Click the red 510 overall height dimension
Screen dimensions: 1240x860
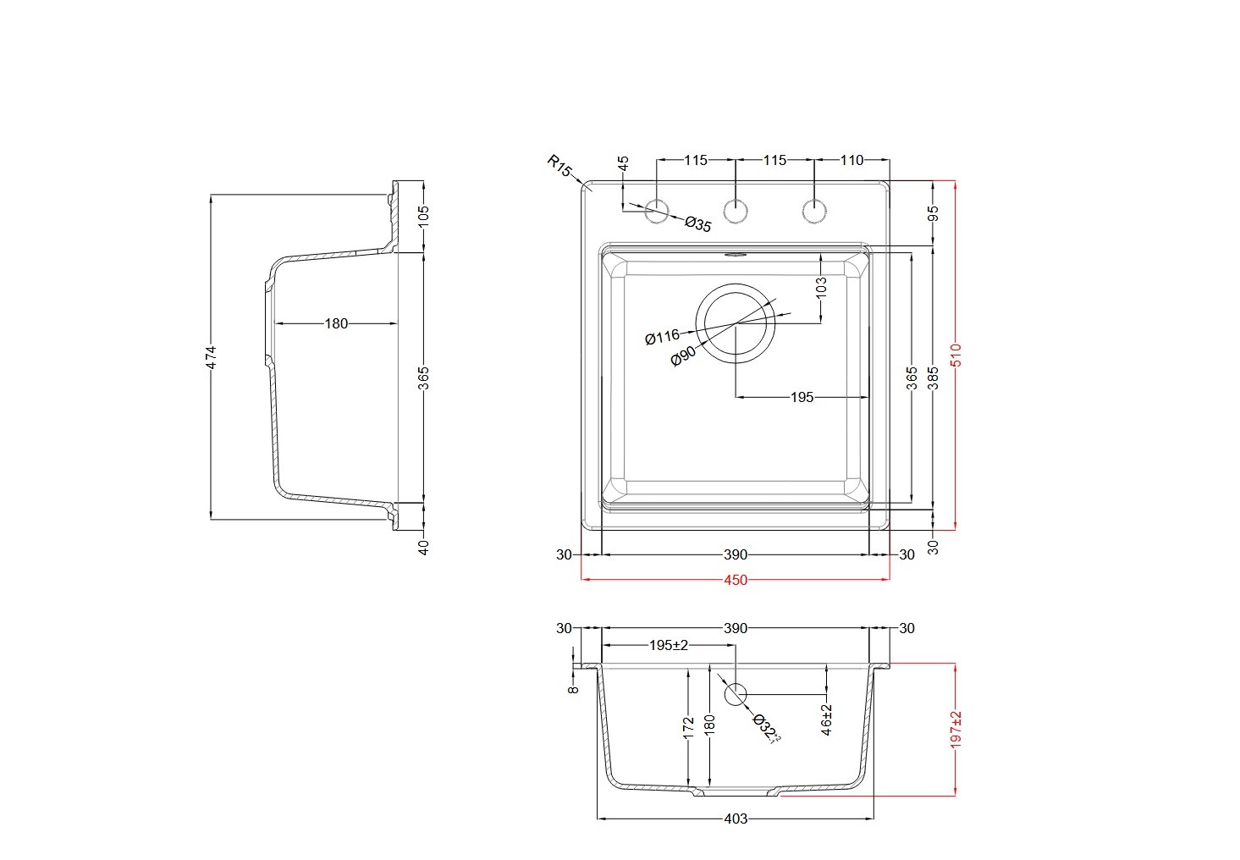(956, 355)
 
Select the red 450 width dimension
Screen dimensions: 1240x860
(736, 580)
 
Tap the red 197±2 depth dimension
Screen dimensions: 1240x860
(956, 730)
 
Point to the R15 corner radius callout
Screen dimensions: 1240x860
(559, 166)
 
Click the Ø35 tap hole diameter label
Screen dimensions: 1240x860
(697, 224)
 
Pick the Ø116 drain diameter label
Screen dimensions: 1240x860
(663, 337)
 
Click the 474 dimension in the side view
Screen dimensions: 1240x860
(211, 357)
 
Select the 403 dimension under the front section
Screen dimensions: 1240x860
(736, 819)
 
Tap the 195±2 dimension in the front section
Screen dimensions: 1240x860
(669, 645)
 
